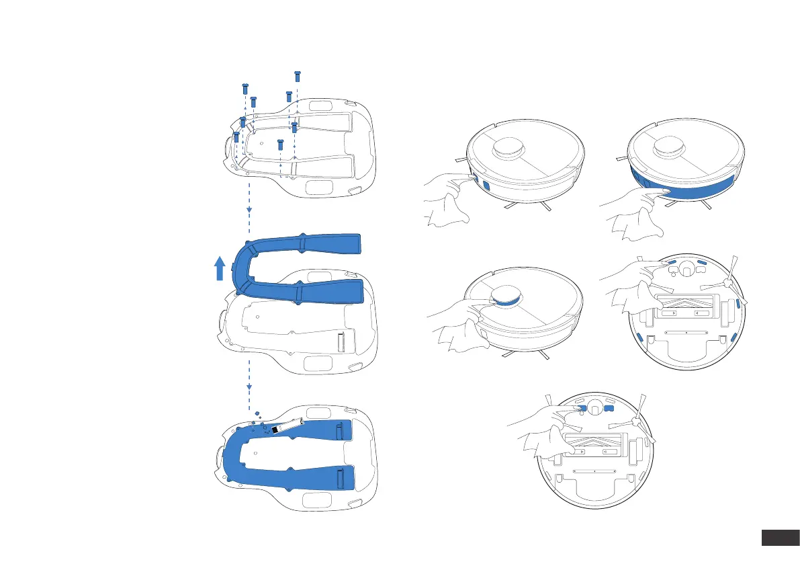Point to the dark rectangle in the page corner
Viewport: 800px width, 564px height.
point(778,538)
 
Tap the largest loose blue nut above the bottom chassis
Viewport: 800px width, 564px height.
point(257,413)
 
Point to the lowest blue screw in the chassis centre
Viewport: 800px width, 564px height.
point(281,143)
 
